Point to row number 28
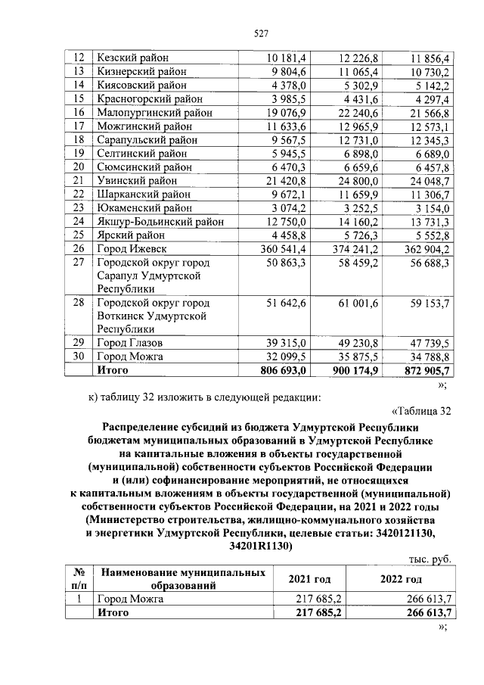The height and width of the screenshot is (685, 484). [77, 303]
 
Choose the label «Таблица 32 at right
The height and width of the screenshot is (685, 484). [422, 411]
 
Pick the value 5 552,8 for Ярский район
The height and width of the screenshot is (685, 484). [429, 235]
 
